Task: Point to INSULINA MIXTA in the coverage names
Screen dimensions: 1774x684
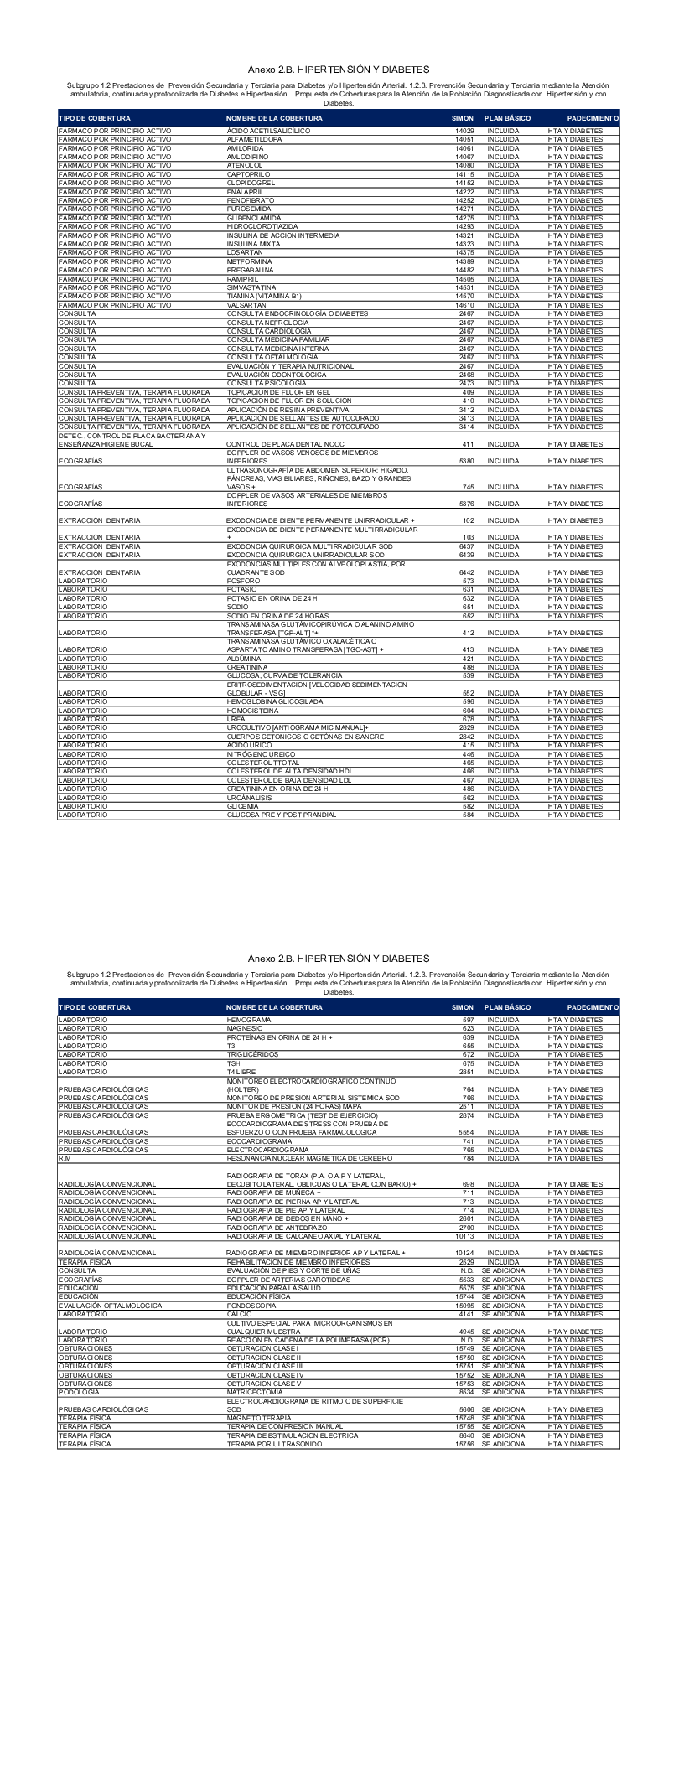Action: click(x=251, y=244)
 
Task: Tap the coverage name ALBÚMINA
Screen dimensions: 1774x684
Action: click(x=242, y=659)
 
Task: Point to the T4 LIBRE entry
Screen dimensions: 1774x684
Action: click(x=241, y=1072)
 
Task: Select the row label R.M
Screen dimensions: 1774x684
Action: click(x=65, y=1158)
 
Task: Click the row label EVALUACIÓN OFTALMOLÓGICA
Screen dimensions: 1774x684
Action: click(x=109, y=1306)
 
